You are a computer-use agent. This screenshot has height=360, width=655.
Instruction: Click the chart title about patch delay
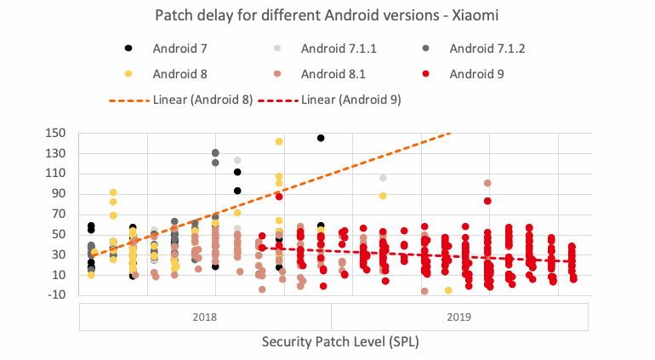pyautogui.click(x=327, y=15)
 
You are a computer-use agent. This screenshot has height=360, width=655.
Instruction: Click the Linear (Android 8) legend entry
pyautogui.click(x=180, y=100)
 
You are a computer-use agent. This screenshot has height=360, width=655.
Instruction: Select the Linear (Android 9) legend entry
pyautogui.click(x=340, y=100)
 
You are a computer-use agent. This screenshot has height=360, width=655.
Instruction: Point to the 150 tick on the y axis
pyautogui.click(x=57, y=133)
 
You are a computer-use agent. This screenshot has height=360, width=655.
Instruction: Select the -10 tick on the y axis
pyautogui.click(x=57, y=295)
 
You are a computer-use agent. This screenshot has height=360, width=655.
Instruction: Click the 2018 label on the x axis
pyautogui.click(x=204, y=317)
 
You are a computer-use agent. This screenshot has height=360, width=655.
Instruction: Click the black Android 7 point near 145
pyautogui.click(x=321, y=138)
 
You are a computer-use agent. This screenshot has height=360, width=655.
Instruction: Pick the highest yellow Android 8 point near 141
pyautogui.click(x=279, y=141)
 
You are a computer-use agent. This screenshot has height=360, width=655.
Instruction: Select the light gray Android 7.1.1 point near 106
pyautogui.click(x=383, y=178)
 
